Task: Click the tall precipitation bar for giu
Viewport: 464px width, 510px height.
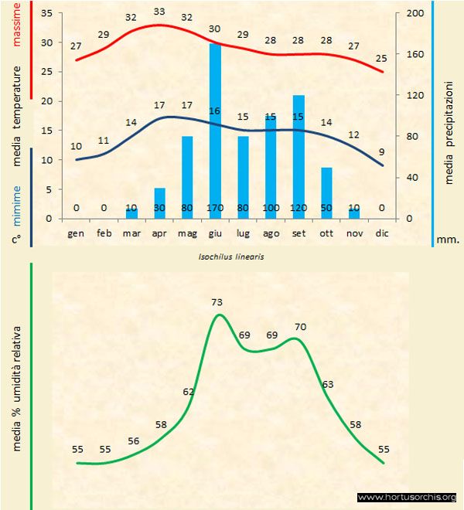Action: tap(215, 131)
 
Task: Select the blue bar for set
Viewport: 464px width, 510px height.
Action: tap(299, 155)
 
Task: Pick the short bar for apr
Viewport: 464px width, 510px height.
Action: tap(159, 202)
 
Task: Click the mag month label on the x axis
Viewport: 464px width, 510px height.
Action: tap(187, 233)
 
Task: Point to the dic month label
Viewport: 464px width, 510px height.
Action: tap(382, 233)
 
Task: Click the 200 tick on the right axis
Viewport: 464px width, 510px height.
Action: tap(415, 14)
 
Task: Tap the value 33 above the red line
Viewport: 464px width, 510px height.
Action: tap(159, 12)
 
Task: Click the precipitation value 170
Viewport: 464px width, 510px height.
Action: tap(215, 208)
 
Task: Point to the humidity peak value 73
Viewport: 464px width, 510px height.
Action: tap(217, 302)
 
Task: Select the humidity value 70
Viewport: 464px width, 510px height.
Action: tap(300, 327)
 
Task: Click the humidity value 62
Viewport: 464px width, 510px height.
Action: tap(188, 392)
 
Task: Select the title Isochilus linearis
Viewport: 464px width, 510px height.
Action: tap(231, 256)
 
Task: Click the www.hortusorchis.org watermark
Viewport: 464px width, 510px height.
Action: tap(407, 497)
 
